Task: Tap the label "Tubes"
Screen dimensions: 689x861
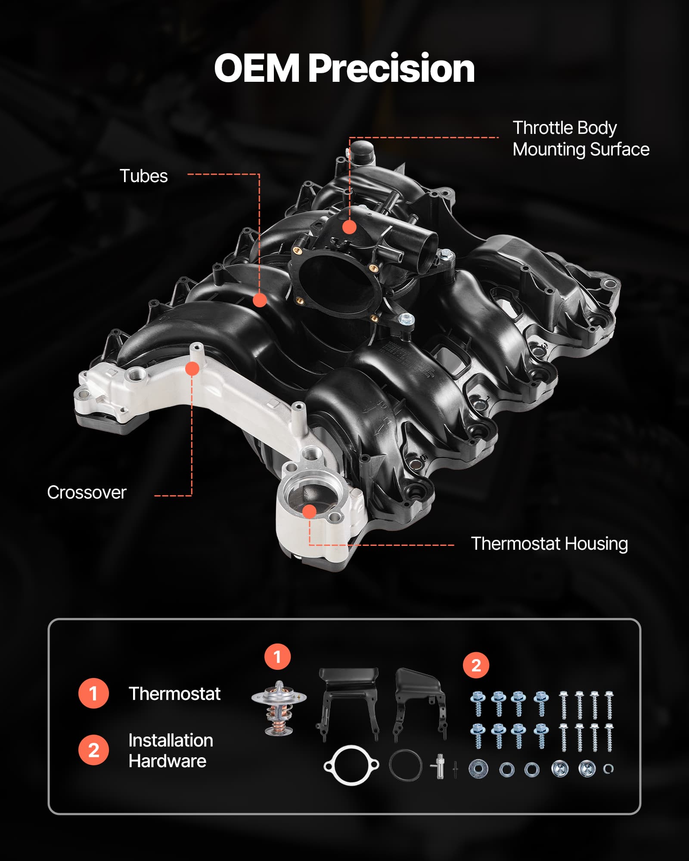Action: [143, 176]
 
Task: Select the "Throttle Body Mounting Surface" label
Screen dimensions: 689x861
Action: [581, 139]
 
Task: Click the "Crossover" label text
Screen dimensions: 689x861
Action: [87, 492]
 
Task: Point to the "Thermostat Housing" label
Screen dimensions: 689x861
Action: [549, 544]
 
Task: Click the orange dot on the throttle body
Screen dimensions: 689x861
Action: [349, 227]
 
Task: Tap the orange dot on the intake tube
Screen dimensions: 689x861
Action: [260, 300]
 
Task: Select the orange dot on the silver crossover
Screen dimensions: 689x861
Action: [192, 369]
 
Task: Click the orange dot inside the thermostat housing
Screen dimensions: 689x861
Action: [309, 511]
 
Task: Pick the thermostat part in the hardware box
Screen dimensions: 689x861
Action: [279, 708]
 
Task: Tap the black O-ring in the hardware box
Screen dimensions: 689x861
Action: [405, 765]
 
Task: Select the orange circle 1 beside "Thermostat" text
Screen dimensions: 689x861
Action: [93, 694]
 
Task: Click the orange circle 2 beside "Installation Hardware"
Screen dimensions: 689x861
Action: [93, 750]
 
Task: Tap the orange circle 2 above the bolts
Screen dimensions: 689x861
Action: [476, 665]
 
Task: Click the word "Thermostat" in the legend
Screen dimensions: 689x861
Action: [174, 694]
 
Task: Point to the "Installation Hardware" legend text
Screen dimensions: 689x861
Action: [171, 751]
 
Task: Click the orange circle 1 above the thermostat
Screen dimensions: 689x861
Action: [277, 657]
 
